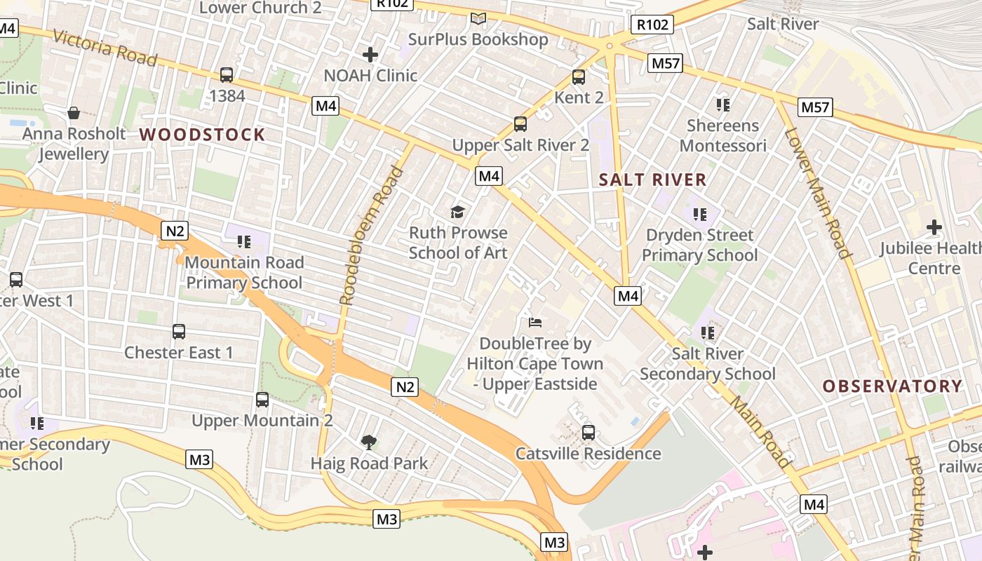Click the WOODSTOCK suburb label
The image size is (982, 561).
[202, 135]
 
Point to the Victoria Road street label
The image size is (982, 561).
[105, 48]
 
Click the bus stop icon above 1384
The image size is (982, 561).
[227, 75]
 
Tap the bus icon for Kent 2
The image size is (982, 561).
[579, 77]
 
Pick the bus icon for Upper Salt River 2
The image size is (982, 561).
[520, 124]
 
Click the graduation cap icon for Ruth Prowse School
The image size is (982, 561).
[458, 211]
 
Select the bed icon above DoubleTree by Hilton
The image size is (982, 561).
[535, 323]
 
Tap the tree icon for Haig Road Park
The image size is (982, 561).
[369, 442]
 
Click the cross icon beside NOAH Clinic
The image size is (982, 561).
[370, 54]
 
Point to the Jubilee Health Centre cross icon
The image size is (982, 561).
[934, 227]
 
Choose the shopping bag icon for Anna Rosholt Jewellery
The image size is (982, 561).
[74, 113]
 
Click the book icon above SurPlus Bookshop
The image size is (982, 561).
[478, 18]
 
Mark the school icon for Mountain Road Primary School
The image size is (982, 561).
[244, 242]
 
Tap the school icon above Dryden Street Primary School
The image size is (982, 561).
[699, 214]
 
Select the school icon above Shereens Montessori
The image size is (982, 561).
[723, 105]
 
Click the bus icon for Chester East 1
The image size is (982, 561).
[179, 331]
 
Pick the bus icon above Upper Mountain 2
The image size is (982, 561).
[262, 400]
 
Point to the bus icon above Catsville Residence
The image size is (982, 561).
[588, 433]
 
